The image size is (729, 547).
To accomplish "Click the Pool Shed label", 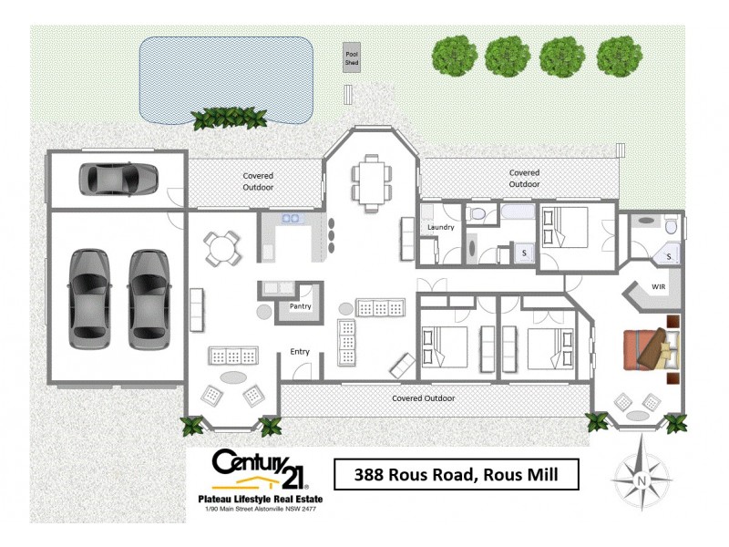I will pyautogui.click(x=352, y=60).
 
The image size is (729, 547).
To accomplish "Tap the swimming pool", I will pyautogui.click(x=227, y=77).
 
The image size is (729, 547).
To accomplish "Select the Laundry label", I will pyautogui.click(x=440, y=228).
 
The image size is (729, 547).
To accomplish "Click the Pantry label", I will pyautogui.click(x=300, y=306).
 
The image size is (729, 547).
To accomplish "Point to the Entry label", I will pyautogui.click(x=300, y=351).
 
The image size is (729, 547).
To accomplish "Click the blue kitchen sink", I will pyautogui.click(x=292, y=219).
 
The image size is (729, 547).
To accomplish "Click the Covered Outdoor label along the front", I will pyautogui.click(x=423, y=398).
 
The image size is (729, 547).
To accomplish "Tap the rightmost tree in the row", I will pyautogui.click(x=620, y=57).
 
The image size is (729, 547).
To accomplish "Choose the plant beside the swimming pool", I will pyautogui.click(x=216, y=118).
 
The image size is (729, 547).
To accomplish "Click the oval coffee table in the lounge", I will pyautogui.click(x=233, y=377).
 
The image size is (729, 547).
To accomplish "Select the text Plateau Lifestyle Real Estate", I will pyautogui.click(x=261, y=499).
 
